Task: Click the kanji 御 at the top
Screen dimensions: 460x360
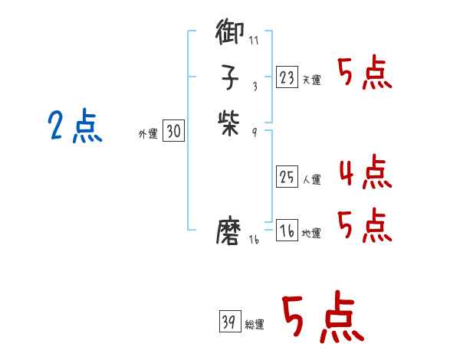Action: (230, 34)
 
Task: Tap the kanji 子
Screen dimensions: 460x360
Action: (230, 78)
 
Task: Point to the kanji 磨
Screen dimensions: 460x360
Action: (230, 231)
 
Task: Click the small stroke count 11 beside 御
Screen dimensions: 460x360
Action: (255, 41)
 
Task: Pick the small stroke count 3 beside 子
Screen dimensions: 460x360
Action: (254, 86)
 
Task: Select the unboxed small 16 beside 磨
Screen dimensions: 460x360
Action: (255, 240)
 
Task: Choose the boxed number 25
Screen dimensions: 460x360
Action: (287, 177)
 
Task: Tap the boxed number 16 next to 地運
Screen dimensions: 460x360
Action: (287, 231)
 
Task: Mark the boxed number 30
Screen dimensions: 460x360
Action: (173, 132)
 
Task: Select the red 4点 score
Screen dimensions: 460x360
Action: (365, 172)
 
